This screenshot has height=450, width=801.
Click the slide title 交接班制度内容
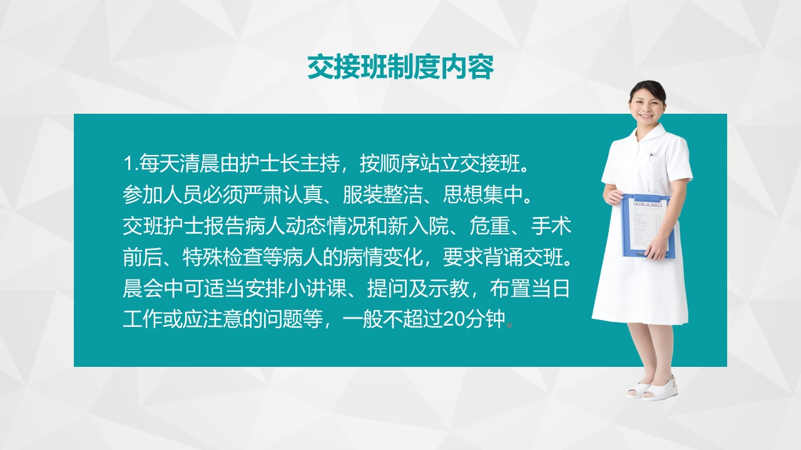point(400,67)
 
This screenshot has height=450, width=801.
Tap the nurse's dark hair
point(648,87)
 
